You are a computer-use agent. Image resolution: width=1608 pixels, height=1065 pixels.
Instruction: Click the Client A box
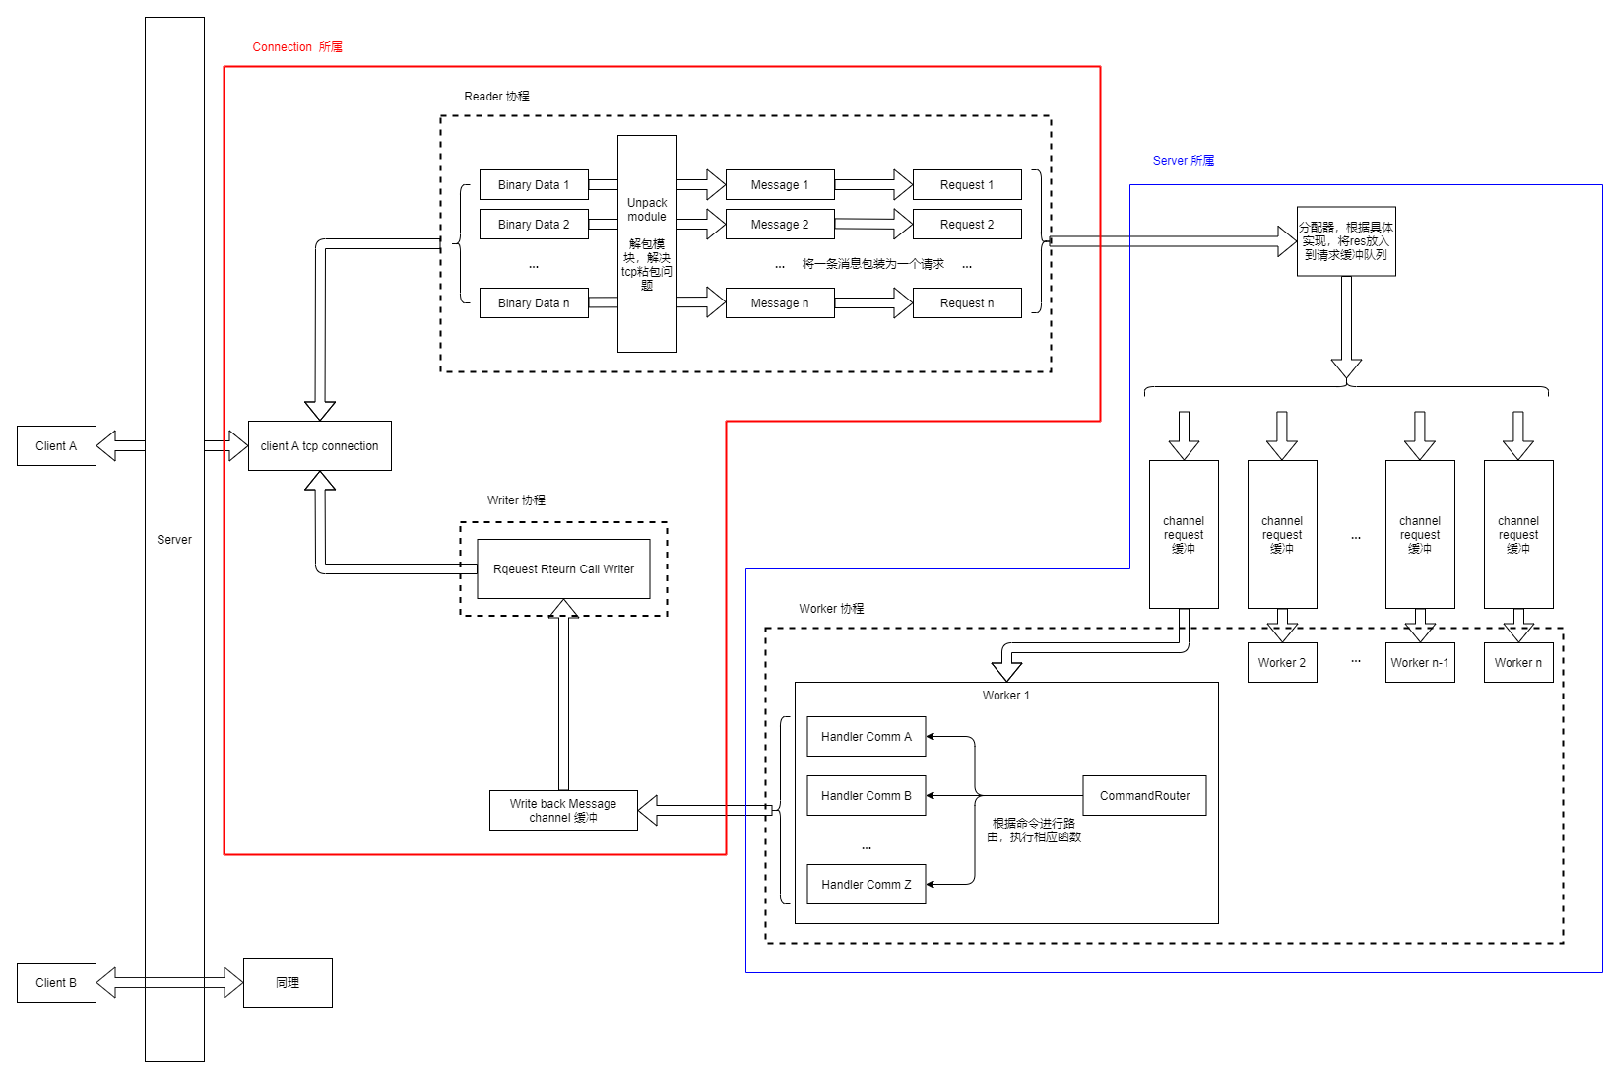(x=56, y=445)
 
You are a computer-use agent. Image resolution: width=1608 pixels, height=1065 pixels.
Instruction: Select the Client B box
(x=56, y=982)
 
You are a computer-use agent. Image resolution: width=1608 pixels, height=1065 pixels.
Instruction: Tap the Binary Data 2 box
(x=534, y=224)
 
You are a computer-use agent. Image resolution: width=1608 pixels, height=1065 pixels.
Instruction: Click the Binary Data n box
(x=534, y=302)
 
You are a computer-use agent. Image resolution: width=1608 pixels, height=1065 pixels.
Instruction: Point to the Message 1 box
(x=780, y=184)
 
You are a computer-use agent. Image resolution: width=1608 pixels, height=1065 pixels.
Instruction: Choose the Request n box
(x=967, y=302)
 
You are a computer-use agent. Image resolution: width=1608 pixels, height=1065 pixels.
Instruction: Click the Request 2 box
(x=967, y=224)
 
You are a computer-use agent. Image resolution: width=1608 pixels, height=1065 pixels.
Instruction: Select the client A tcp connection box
(x=319, y=445)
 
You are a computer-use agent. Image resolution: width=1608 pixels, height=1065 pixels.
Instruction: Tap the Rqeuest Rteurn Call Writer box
(x=563, y=568)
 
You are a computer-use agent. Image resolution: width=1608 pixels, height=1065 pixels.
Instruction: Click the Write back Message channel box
(x=563, y=810)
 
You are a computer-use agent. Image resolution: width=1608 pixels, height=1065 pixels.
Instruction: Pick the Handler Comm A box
(x=867, y=736)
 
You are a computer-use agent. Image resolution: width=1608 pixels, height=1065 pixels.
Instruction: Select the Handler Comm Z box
(x=867, y=884)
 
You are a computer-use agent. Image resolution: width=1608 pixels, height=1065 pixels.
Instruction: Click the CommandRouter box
(x=1144, y=795)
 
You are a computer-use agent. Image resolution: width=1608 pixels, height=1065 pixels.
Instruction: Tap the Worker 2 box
(x=1282, y=662)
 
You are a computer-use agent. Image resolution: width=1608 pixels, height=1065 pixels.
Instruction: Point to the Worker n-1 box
(x=1420, y=662)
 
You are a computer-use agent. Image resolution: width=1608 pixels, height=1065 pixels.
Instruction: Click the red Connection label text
(x=297, y=46)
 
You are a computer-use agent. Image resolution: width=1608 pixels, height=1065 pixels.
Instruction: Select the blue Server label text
(x=1184, y=160)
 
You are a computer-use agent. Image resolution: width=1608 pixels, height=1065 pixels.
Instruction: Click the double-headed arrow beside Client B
(x=170, y=982)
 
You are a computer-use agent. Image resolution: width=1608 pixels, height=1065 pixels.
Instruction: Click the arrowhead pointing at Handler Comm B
(x=932, y=795)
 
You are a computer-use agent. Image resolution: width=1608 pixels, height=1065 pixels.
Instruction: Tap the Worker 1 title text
(x=1006, y=695)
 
